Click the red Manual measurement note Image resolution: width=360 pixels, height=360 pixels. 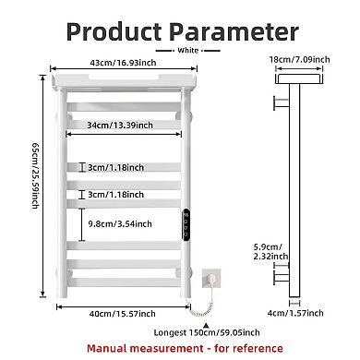[x=180, y=348]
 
